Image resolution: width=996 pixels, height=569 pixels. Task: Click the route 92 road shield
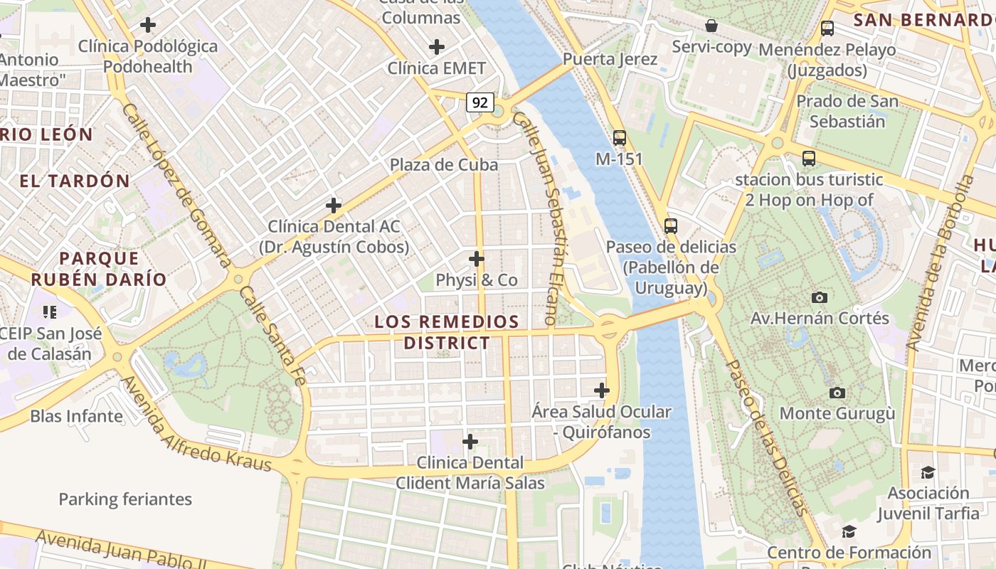click(x=480, y=102)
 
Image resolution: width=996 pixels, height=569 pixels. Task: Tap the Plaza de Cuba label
click(x=443, y=165)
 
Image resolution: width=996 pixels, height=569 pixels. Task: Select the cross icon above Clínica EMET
click(x=437, y=48)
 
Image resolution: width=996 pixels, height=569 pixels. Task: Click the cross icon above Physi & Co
click(x=477, y=259)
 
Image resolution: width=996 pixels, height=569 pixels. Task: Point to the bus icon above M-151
click(x=620, y=138)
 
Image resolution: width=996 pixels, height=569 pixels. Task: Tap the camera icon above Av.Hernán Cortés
click(x=819, y=297)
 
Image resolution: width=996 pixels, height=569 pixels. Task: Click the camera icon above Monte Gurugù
click(x=837, y=393)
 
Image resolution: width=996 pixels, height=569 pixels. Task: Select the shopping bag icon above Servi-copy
click(x=711, y=26)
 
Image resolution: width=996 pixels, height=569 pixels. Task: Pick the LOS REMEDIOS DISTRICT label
click(x=447, y=332)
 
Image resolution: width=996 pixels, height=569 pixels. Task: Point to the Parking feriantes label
click(x=125, y=499)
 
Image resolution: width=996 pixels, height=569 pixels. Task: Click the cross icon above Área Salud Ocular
click(x=602, y=390)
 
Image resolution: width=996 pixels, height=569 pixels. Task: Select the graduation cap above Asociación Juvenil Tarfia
click(x=928, y=473)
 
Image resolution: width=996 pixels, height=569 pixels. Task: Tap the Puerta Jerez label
click(x=610, y=59)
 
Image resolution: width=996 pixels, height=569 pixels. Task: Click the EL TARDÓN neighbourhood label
click(x=75, y=181)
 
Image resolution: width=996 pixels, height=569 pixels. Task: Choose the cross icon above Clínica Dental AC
click(x=334, y=206)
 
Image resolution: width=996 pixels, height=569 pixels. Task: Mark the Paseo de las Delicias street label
click(x=767, y=437)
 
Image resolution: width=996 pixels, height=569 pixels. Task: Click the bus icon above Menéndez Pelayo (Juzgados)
click(x=827, y=28)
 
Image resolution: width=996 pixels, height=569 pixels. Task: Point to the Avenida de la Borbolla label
click(x=941, y=263)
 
